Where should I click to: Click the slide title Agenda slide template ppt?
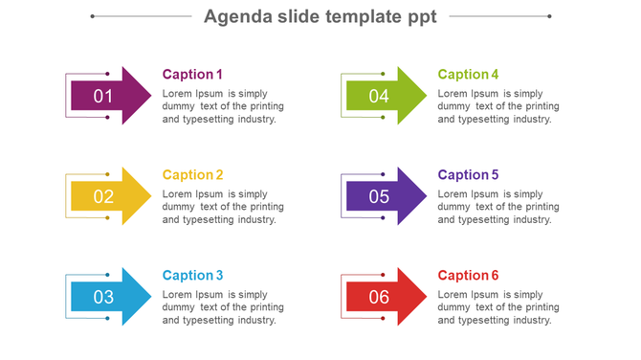point(320,16)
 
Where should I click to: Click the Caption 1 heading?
point(192,75)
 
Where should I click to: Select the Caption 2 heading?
point(192,175)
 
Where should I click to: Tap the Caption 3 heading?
point(192,276)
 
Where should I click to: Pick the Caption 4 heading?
point(468,75)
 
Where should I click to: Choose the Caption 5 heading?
point(468,175)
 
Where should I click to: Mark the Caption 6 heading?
point(468,276)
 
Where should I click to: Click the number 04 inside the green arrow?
point(379,96)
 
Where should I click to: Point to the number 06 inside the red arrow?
point(379,297)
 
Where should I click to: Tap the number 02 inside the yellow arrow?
point(103,196)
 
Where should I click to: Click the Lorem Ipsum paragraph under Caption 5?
point(498,207)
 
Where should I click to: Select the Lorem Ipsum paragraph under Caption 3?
point(223,307)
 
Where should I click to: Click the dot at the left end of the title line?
point(93,16)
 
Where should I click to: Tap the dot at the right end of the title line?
point(549,16)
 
